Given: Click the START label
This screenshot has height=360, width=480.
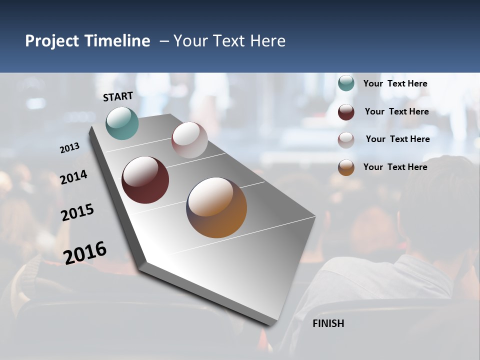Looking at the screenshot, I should click(x=118, y=96).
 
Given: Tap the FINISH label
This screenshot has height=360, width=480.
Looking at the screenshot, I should click(x=328, y=323).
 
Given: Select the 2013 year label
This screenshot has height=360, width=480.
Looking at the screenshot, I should click(x=70, y=147).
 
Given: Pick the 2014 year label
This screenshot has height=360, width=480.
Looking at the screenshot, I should click(x=74, y=177).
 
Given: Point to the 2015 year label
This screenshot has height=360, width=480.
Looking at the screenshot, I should click(x=77, y=212).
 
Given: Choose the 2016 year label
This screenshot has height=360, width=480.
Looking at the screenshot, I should click(x=85, y=252).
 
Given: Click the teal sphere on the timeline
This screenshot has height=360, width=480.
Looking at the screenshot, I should click(x=122, y=123).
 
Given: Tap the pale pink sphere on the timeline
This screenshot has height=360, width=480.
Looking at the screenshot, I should click(x=189, y=140).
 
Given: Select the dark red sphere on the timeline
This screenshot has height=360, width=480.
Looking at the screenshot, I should click(x=145, y=180).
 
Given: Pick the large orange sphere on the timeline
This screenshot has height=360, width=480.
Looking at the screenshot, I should click(x=216, y=207).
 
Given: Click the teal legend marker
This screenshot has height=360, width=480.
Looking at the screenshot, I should click(x=346, y=83).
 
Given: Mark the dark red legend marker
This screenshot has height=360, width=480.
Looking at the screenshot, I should click(x=346, y=112).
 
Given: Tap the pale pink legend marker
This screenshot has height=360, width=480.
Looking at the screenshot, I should click(x=346, y=140).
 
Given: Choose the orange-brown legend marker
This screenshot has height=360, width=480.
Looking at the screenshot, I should click(x=346, y=167).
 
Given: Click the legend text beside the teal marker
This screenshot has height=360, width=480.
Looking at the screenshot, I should click(x=395, y=84).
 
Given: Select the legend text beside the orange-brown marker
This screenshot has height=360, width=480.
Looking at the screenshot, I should click(x=395, y=167).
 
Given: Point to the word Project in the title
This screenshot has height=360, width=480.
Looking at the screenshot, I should click(x=52, y=41).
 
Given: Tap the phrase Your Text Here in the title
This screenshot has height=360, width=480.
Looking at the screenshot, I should click(x=229, y=41).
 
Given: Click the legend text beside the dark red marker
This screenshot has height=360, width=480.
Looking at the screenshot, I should click(x=396, y=111).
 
